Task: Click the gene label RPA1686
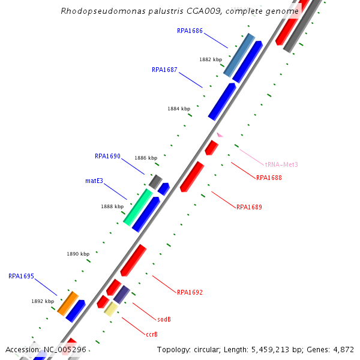tap(190, 31)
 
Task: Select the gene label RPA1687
tap(164, 70)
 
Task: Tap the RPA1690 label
tap(107, 156)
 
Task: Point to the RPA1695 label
tap(21, 277)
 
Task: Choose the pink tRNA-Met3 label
tap(281, 164)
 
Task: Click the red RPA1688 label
tap(269, 178)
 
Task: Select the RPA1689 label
tap(249, 208)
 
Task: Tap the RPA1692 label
tap(190, 293)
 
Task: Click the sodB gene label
tap(164, 320)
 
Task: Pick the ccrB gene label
tap(152, 334)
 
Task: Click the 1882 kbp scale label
tap(211, 59)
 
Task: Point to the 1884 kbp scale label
tap(179, 109)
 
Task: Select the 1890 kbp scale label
tap(78, 254)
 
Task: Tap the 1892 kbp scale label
tap(43, 302)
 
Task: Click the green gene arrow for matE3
tap(137, 207)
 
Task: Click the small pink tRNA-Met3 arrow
tap(220, 135)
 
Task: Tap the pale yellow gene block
tap(111, 308)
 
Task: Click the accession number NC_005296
tap(65, 349)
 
